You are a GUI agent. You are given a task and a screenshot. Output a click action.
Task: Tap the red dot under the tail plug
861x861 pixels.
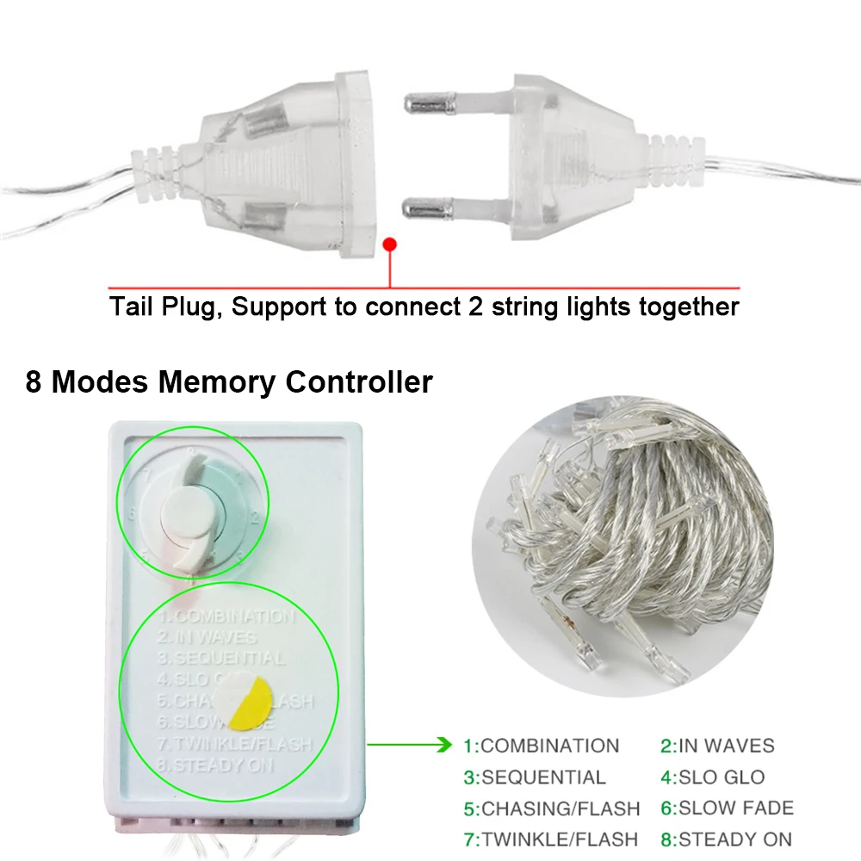tap(389, 245)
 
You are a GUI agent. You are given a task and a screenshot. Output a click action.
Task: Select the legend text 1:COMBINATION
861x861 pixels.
tap(541, 746)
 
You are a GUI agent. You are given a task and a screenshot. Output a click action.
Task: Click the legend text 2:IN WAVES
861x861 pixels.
tap(717, 746)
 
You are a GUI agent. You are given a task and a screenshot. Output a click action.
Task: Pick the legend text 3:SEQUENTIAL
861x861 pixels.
tap(534, 777)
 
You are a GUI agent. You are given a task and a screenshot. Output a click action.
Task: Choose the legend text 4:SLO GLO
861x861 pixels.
tap(712, 777)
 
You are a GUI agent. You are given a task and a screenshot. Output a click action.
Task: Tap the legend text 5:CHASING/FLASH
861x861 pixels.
tap(551, 808)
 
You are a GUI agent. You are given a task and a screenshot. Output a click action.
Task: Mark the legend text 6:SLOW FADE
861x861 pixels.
tap(727, 808)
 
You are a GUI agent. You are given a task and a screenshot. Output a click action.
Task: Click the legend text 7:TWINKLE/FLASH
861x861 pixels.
tap(550, 839)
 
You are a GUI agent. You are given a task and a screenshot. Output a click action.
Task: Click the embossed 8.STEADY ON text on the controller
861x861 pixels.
tap(224, 764)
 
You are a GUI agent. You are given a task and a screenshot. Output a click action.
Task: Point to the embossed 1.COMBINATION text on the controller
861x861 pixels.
tap(226, 616)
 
